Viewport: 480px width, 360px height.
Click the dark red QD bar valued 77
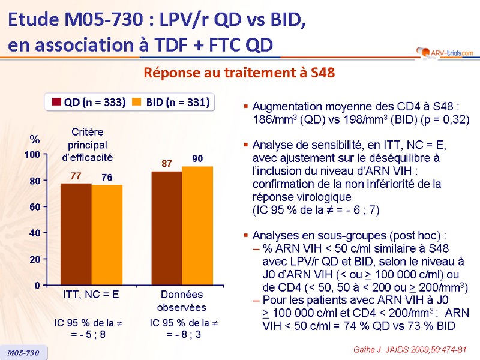click(76, 234)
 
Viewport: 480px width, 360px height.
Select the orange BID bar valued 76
click(107, 235)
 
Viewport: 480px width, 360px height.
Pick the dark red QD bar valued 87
click(167, 228)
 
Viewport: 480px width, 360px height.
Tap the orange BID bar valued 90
click(197, 226)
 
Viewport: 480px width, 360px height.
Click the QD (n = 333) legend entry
click(87, 102)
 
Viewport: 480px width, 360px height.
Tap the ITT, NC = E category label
click(91, 295)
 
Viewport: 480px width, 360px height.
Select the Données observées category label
click(182, 301)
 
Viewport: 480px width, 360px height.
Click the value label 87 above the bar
click(167, 163)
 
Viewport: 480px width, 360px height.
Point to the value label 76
click(107, 177)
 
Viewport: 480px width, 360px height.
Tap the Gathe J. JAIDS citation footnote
click(411, 349)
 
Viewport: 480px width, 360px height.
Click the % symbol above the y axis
click(35, 140)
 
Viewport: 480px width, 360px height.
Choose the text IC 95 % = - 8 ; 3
click(182, 329)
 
